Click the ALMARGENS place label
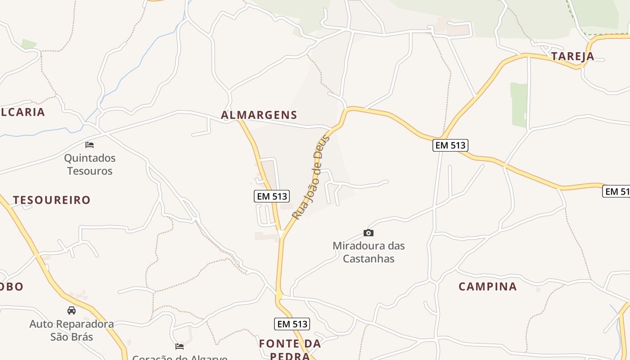[259, 115]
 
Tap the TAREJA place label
[573, 56]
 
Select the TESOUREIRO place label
[52, 200]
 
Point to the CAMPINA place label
[488, 287]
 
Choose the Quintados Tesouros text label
[90, 164]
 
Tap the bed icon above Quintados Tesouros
[90, 144]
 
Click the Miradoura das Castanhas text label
[369, 252]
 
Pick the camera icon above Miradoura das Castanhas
[369, 233]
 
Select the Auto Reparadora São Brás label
[72, 330]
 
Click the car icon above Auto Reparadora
[72, 310]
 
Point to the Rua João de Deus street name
[311, 177]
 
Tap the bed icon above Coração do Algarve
[180, 346]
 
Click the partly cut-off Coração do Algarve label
[180, 357]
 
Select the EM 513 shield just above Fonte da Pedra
[292, 324]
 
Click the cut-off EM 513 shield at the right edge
[616, 191]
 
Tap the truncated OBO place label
[11, 287]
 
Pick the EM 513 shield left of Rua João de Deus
[271, 196]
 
